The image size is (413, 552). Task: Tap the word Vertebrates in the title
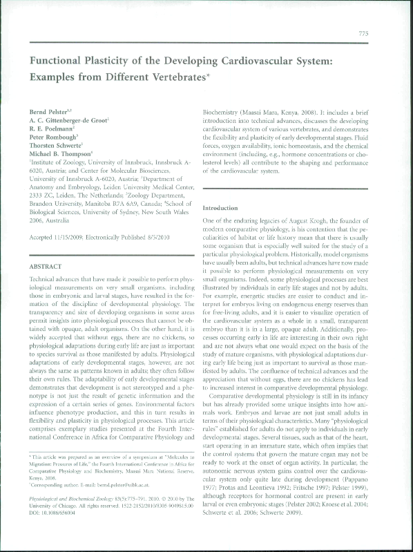click(169, 77)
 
